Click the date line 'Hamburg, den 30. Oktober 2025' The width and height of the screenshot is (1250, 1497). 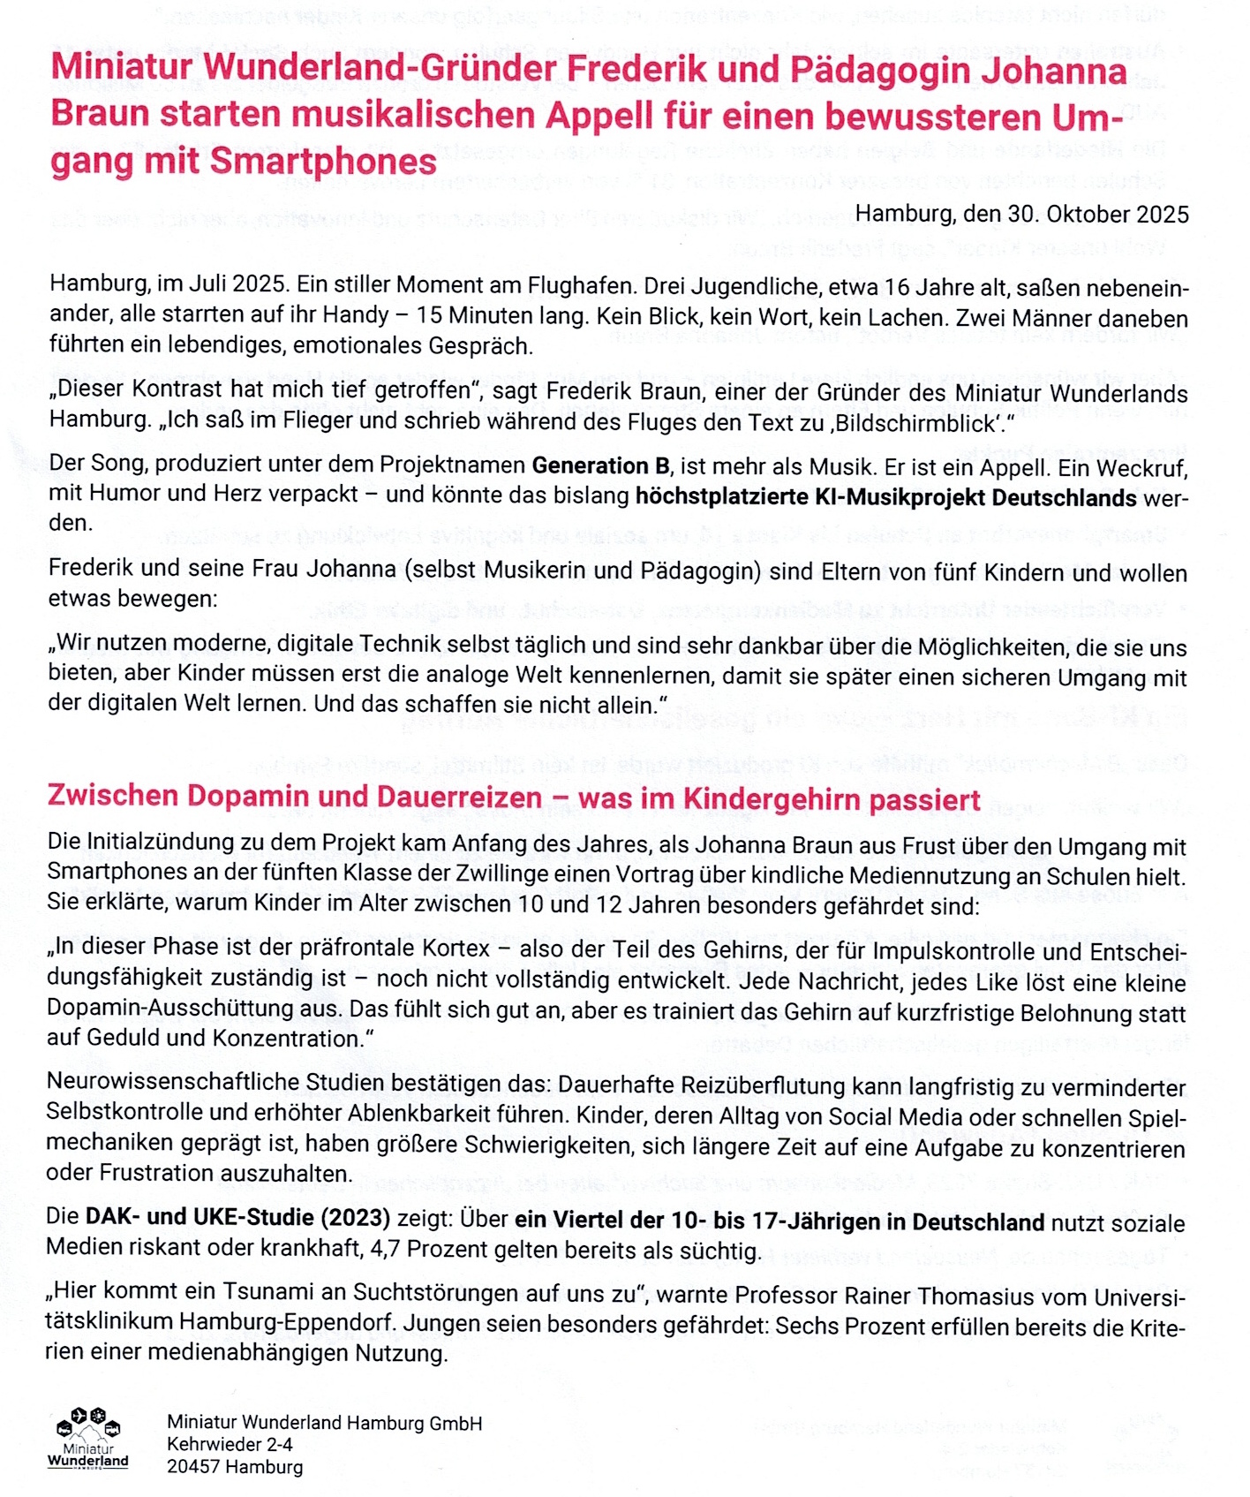pyautogui.click(x=1021, y=215)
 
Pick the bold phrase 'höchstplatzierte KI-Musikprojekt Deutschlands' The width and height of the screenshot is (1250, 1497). pyautogui.click(x=885, y=497)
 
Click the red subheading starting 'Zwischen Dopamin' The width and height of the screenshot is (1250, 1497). pyautogui.click(x=514, y=798)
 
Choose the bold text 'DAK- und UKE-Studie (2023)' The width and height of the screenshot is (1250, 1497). pyautogui.click(x=237, y=1217)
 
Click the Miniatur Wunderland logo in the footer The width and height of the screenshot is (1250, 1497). pyautogui.click(x=87, y=1439)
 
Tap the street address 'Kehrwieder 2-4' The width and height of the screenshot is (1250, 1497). pyautogui.click(x=230, y=1444)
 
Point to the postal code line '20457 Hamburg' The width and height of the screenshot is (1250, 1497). pyautogui.click(x=235, y=1467)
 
